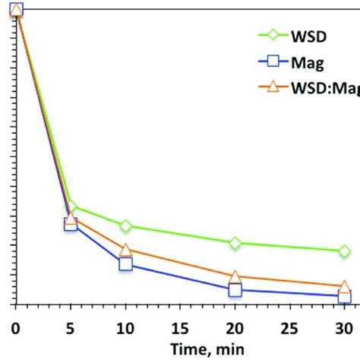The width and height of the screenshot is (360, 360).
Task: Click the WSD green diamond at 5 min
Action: (71, 205)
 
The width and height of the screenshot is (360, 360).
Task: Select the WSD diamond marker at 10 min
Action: (125, 226)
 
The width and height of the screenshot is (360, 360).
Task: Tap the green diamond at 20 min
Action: (235, 242)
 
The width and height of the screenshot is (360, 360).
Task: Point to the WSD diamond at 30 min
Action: (344, 251)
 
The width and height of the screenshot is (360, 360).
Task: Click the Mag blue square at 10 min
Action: (125, 264)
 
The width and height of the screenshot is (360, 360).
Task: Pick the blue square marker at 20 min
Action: (235, 289)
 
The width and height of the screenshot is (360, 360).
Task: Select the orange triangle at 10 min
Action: (125, 250)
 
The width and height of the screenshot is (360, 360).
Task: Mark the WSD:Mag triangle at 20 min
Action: (235, 277)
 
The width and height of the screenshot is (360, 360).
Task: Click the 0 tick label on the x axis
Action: (15, 327)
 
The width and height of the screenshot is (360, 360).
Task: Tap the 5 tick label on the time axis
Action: (71, 327)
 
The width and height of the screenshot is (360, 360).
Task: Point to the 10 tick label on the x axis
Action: (125, 327)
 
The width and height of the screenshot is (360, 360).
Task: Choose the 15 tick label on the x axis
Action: (180, 327)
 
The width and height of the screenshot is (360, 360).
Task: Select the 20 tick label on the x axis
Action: (235, 327)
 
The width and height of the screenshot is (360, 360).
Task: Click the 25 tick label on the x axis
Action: (290, 327)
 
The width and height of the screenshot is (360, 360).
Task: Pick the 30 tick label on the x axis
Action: (345, 327)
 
